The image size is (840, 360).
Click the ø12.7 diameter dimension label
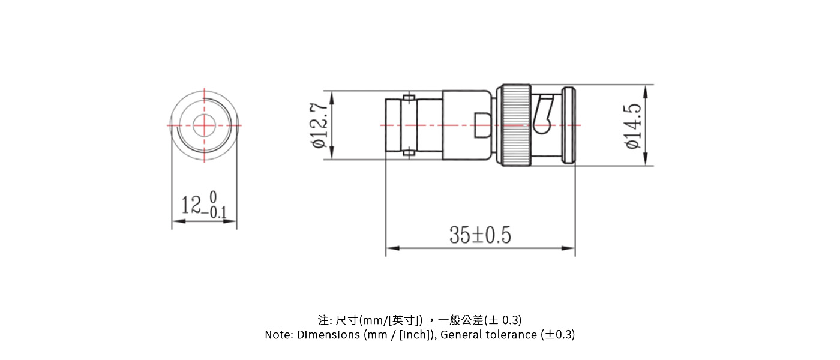[x=319, y=125]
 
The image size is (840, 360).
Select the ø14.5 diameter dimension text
[x=632, y=126]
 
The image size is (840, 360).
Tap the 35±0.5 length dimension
[x=480, y=235]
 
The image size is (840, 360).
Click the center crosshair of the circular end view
[x=204, y=125]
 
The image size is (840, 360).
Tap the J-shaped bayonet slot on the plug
[x=545, y=114]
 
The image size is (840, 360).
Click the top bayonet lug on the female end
[x=409, y=97]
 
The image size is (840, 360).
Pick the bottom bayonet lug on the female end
[x=409, y=154]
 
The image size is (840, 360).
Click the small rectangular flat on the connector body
[x=484, y=125]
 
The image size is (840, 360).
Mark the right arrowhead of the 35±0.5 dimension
[x=569, y=248]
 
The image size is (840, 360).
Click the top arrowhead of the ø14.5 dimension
[x=646, y=91]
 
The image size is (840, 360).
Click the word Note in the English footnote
[x=278, y=335]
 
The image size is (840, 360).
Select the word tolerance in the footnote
[x=512, y=335]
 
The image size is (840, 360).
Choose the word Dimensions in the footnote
[x=328, y=335]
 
